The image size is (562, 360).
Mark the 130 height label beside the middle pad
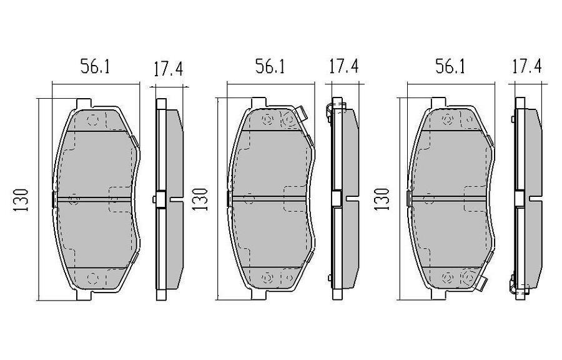pos(200,199)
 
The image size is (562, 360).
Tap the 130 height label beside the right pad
pos(381,199)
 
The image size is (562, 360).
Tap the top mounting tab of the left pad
pos(82,102)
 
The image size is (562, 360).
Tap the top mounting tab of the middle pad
pos(259,102)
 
